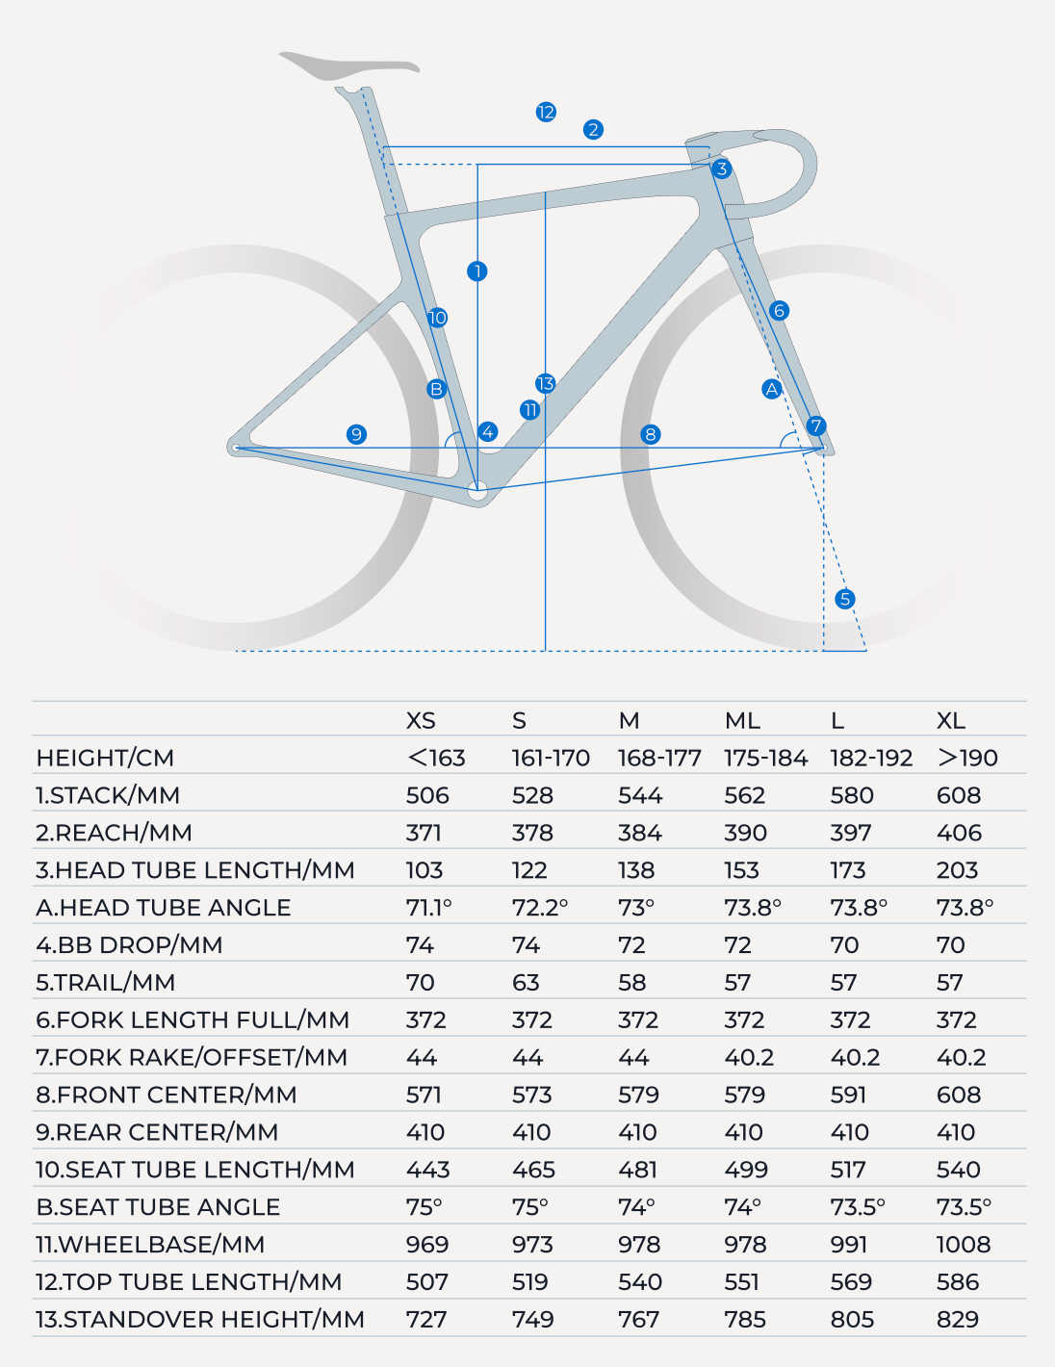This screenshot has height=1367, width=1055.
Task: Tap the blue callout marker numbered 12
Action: coord(546,112)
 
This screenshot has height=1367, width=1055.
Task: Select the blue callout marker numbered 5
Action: coord(844,599)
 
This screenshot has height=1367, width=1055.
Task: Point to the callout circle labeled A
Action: coord(771,390)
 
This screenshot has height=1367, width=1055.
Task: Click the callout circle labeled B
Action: coord(436,389)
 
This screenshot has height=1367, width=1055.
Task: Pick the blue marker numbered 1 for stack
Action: coord(477,271)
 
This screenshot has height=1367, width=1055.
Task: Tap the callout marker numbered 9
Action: coord(356,434)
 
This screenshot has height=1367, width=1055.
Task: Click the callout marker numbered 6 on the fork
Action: coord(779,310)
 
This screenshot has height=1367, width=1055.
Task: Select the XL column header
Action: coord(951,720)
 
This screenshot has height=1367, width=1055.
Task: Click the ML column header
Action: coord(742,720)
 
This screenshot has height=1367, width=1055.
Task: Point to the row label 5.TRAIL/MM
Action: coord(105,983)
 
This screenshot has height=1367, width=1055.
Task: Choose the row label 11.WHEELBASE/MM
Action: coord(150,1245)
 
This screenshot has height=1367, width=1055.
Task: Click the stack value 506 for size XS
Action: coord(427,795)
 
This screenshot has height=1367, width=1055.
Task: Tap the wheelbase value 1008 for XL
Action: coord(964,1245)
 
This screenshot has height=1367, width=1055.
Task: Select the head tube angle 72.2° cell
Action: coord(539,907)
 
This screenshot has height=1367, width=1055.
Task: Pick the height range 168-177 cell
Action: coord(659,758)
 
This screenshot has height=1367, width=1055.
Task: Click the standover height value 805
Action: coord(852,1319)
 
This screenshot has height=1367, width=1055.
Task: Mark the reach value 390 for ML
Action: coord(745,833)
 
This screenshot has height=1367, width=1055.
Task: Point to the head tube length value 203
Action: coord(957,870)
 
